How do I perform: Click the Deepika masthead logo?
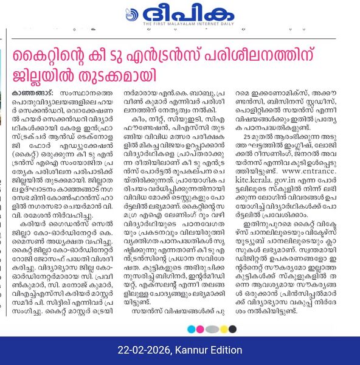pyautogui.click(x=180, y=12)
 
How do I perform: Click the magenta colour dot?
pyautogui.click(x=201, y=329)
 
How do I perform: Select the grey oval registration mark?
pyautogui.click(x=212, y=329)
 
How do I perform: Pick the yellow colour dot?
pyautogui.click(x=223, y=329)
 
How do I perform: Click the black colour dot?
pyautogui.click(x=232, y=329)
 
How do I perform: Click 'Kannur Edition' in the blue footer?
pyautogui.click(x=207, y=350)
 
